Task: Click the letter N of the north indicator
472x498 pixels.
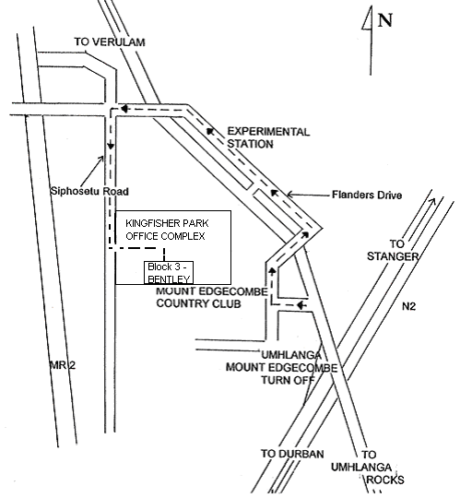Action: (385, 20)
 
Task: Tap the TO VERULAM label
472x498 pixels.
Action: (110, 41)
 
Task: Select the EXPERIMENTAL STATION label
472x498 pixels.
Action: (268, 137)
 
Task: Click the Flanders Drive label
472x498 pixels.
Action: (367, 195)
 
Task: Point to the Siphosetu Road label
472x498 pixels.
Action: (89, 191)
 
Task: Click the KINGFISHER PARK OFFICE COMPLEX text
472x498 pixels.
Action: (167, 230)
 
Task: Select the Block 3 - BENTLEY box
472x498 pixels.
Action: (169, 272)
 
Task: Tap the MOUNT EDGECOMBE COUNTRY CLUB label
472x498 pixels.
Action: (212, 297)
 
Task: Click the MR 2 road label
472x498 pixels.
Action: (63, 365)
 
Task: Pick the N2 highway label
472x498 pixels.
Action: (408, 306)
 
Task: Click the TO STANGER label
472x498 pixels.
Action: (393, 250)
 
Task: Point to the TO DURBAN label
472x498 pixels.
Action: (292, 454)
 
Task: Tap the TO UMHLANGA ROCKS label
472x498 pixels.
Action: (368, 468)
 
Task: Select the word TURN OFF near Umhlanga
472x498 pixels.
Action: (288, 380)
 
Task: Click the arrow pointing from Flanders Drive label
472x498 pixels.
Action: (308, 195)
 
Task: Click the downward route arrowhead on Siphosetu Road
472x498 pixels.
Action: (111, 146)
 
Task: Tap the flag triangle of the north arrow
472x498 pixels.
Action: (368, 20)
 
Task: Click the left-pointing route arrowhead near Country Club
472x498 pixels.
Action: (301, 305)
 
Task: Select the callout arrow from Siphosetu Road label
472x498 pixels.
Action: (93, 172)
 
